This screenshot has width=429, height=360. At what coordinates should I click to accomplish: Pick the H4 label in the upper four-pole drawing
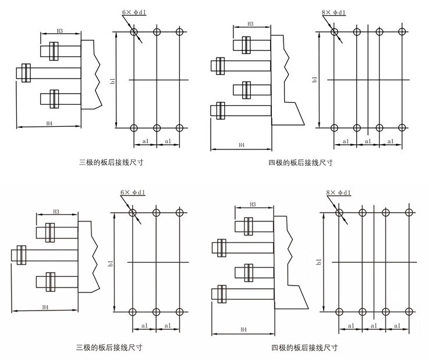point(240,145)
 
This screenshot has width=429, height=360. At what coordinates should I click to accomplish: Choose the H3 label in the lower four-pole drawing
point(253,205)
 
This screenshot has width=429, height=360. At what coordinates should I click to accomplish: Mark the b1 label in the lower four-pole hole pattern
point(318,262)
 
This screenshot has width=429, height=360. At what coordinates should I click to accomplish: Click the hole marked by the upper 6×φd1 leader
point(134,31)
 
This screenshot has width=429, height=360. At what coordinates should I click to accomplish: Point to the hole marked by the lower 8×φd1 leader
point(340,213)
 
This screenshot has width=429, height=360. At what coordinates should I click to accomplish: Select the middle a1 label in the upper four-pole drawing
point(368,141)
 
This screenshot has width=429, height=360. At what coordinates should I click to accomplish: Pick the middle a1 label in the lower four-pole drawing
point(373,326)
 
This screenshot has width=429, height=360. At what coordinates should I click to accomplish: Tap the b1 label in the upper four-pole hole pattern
point(314,80)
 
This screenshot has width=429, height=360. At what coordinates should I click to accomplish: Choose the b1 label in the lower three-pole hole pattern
point(109,263)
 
